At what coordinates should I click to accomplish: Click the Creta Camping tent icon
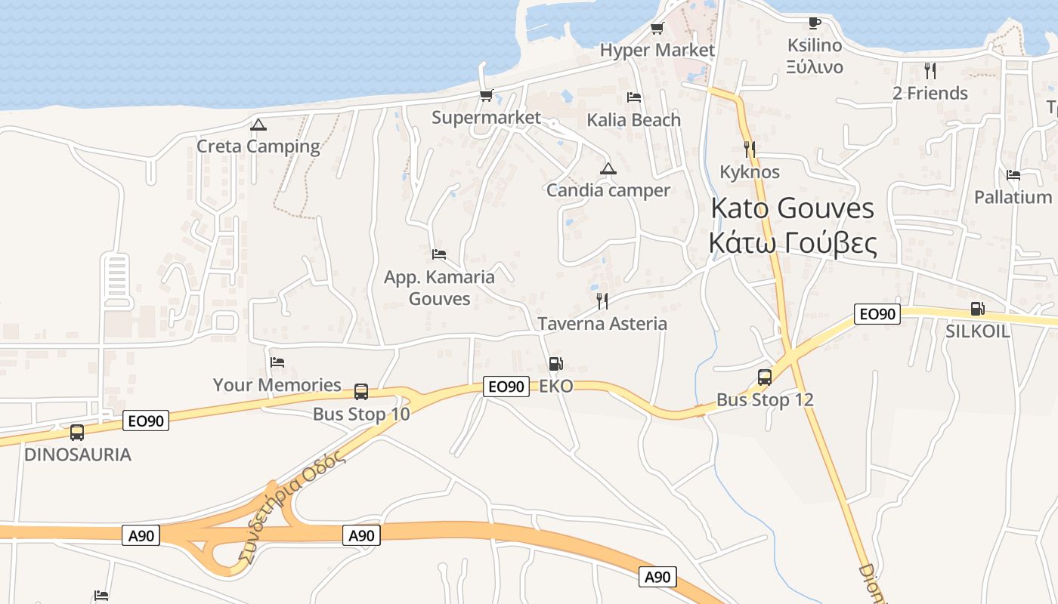258,125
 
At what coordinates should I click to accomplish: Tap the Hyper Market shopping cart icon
657,29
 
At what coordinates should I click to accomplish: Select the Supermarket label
486,118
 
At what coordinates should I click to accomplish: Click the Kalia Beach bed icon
634,97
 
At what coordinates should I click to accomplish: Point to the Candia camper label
608,190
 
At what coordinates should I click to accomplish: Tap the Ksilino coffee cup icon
814,23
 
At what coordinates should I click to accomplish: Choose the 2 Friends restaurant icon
930,71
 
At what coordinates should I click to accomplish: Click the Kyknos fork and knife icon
750,149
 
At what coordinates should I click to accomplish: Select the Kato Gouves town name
793,208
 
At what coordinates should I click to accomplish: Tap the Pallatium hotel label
1013,197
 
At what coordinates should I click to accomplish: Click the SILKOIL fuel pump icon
977,309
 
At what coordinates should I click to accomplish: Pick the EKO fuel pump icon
555,364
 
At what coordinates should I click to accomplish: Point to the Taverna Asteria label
602,324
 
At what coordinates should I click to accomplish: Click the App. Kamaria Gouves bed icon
439,254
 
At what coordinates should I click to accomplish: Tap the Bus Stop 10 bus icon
361,391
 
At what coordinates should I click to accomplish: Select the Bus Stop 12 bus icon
765,377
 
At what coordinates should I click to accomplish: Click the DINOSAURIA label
78,455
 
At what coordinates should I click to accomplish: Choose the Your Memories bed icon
277,363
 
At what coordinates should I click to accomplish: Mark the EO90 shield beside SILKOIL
877,314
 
